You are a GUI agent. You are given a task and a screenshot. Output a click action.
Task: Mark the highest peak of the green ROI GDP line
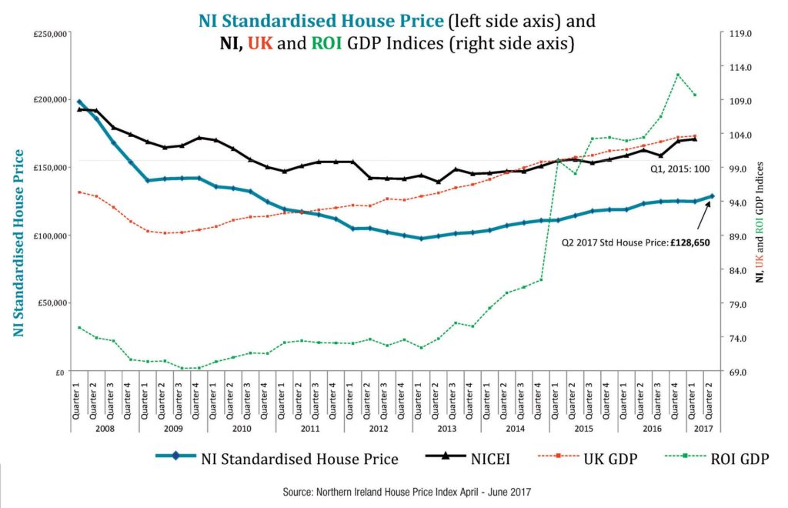[x=677, y=75]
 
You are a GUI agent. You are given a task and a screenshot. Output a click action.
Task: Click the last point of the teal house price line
[x=712, y=196]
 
